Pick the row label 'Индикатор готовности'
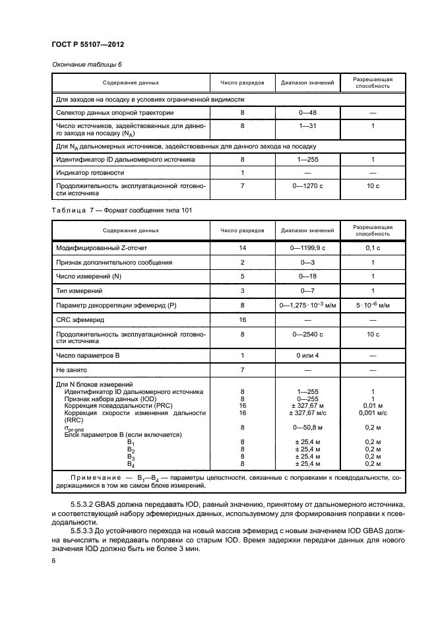(90, 172)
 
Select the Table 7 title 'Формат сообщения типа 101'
(146, 209)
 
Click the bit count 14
(242, 247)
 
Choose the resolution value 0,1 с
(373, 247)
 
